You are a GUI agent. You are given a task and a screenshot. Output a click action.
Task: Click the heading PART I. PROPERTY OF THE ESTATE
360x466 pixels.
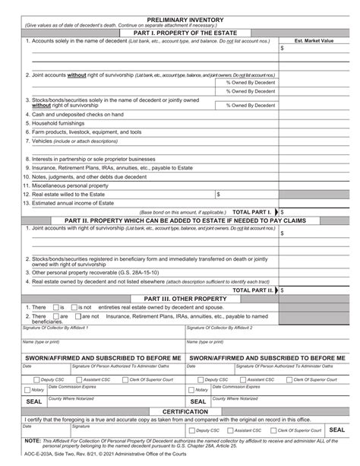[180, 31]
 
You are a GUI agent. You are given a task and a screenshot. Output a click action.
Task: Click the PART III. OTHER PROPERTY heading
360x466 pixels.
[180, 299]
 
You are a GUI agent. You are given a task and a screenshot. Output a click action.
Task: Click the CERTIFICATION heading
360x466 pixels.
[180, 412]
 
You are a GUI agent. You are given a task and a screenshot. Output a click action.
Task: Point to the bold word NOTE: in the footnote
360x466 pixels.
[33, 440]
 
